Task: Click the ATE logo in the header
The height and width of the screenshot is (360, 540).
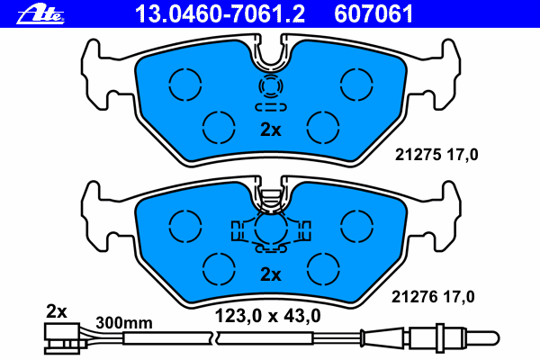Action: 40,14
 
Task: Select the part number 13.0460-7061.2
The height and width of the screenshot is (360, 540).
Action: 220,14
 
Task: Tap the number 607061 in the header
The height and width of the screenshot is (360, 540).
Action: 373,14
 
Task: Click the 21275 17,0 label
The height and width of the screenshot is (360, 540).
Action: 436,155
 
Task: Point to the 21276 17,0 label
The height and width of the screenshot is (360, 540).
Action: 433,297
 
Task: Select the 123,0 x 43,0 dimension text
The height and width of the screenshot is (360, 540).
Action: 267,316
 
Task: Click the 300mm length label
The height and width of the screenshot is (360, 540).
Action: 124,323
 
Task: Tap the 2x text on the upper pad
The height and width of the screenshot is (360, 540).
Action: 271,130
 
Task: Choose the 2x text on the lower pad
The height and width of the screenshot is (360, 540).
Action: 271,274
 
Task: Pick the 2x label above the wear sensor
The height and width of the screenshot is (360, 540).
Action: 57,311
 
